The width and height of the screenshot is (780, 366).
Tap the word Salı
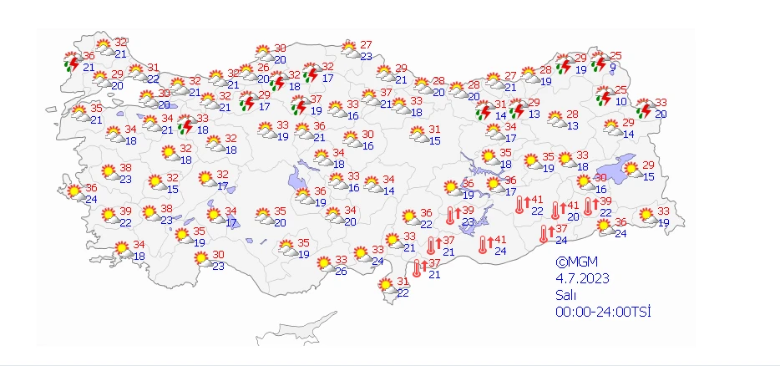pos(566,295)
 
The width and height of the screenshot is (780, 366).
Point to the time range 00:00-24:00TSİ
pos(603,313)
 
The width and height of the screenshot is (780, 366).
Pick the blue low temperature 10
pos(620,102)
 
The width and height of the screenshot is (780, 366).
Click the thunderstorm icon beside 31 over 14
pos(481,110)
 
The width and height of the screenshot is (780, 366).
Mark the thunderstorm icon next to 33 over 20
pos(644,109)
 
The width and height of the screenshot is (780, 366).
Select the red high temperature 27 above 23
pos(366,45)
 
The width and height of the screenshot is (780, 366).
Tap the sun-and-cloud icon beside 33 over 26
pos(322,265)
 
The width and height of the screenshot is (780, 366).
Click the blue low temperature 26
pos(341,271)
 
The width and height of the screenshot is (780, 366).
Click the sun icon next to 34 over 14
pos(370,185)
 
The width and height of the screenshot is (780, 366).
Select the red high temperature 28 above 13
pos(573,114)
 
